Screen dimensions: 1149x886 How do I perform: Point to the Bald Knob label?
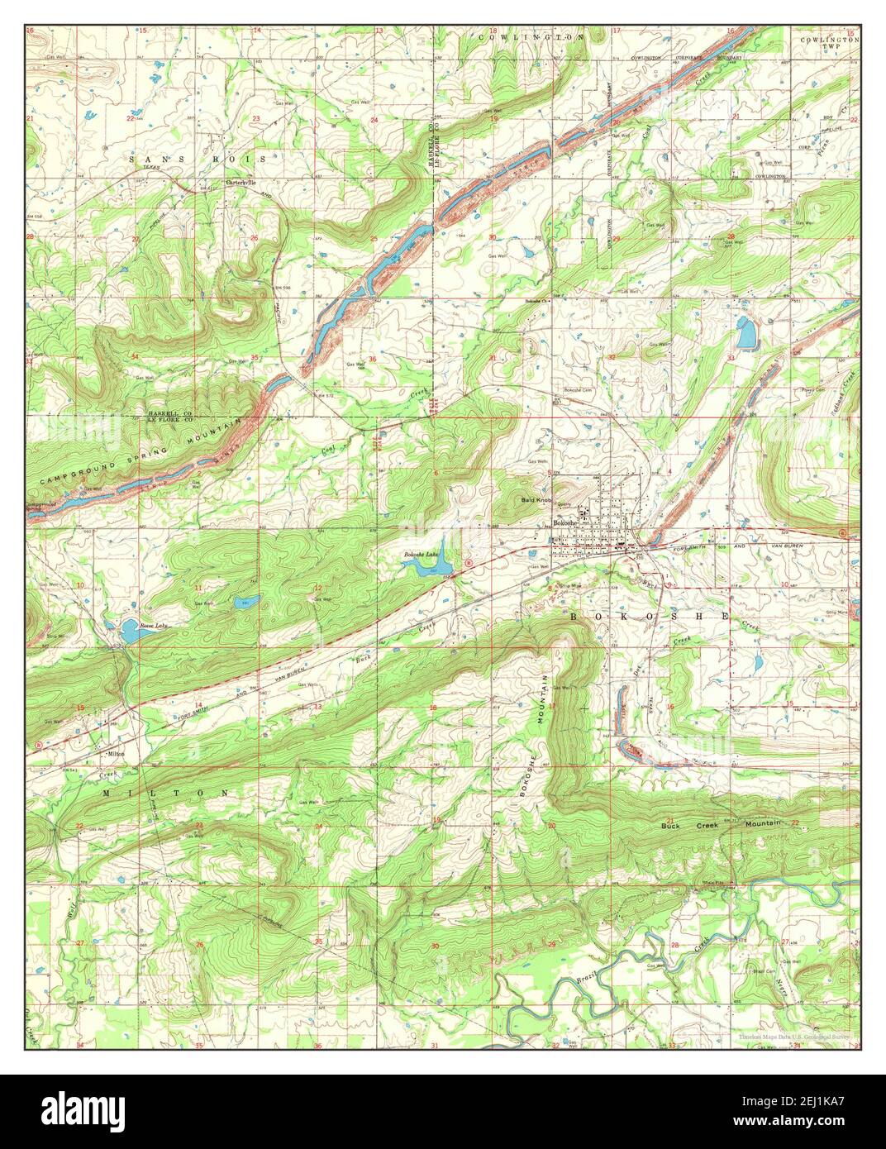point(536,501)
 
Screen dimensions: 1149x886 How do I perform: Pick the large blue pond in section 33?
point(745,333)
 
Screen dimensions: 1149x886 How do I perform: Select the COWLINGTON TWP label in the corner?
point(829,43)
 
